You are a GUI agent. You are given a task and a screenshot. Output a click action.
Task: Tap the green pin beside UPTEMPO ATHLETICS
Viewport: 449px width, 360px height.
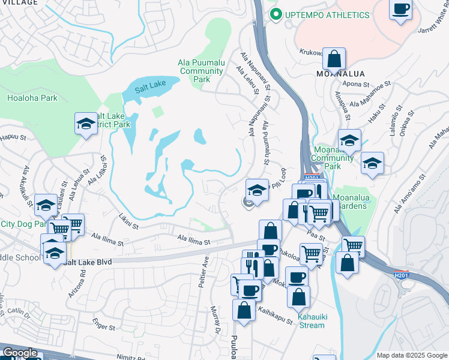coord(276,14)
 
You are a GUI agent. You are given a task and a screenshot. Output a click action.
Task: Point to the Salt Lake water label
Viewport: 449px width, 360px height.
coord(149,88)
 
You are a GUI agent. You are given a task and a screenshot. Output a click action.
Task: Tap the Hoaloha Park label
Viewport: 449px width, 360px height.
coord(32,98)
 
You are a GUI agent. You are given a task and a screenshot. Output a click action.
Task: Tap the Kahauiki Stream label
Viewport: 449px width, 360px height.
coord(311,321)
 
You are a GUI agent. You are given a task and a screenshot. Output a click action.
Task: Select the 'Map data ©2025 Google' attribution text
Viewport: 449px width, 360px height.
coord(412,355)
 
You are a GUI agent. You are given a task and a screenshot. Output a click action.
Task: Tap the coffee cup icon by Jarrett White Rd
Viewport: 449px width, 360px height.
coord(401,10)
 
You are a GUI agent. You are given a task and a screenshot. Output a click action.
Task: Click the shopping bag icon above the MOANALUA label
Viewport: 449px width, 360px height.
coord(334,59)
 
